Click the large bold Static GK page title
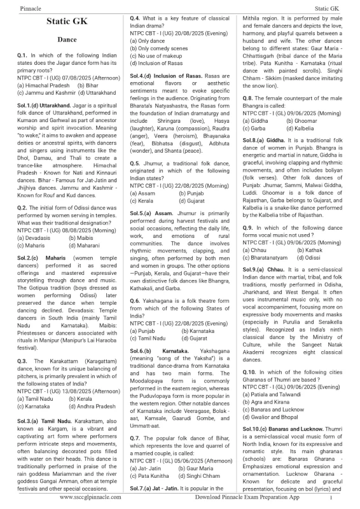point(67,22)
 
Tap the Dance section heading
point(67,40)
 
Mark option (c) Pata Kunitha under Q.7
point(149,475)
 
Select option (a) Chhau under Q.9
point(254,268)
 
